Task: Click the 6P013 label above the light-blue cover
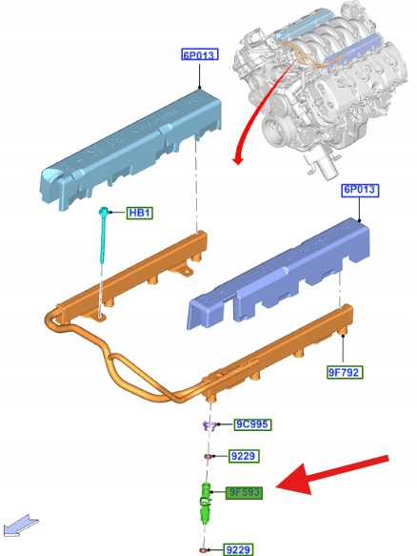click(x=199, y=55)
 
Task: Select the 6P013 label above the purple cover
click(x=360, y=190)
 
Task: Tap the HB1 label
click(x=140, y=213)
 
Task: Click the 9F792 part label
click(x=345, y=372)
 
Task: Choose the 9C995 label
click(x=252, y=424)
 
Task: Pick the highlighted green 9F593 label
click(x=244, y=492)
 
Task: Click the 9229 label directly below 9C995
click(x=244, y=456)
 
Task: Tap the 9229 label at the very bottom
click(x=238, y=549)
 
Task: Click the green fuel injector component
click(x=206, y=503)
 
